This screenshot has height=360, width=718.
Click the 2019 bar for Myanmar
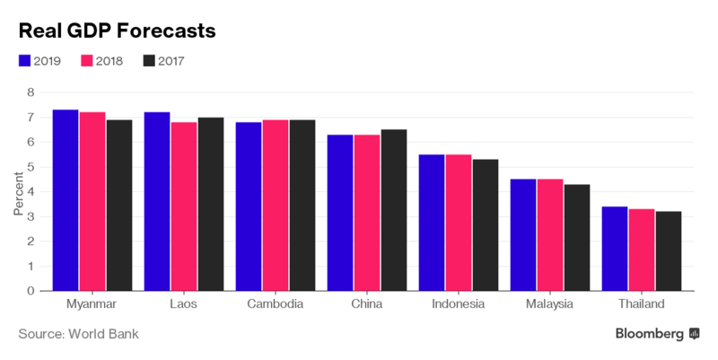point(66,200)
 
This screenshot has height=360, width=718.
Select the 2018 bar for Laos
point(184,206)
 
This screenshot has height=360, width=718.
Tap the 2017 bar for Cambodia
point(302,206)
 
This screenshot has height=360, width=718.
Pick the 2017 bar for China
point(394,210)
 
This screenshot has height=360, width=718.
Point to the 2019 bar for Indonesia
point(433,223)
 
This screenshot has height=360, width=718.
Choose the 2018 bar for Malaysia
point(550,235)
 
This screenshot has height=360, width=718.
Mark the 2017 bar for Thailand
point(669,251)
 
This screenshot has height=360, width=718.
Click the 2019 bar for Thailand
point(615,249)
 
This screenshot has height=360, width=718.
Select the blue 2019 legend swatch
point(25,61)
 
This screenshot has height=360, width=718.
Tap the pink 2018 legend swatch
point(87,61)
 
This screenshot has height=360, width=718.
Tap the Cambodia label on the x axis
point(275,305)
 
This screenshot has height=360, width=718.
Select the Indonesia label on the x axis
point(459,305)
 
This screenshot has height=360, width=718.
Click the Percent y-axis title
point(17,191)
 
